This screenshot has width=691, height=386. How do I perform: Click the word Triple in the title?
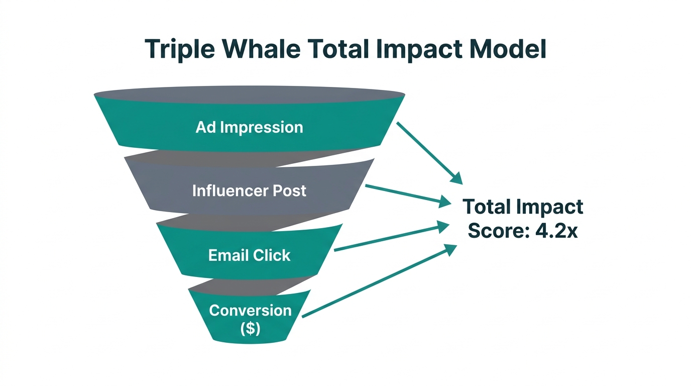click(180, 50)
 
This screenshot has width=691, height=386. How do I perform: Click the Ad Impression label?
click(249, 127)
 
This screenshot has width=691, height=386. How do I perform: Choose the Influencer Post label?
click(249, 191)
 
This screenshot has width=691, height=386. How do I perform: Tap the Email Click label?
click(249, 255)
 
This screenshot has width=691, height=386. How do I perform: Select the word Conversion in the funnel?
click(250, 311)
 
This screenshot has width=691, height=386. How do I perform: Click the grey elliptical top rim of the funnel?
click(249, 94)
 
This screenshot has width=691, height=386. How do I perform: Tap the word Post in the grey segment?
click(289, 191)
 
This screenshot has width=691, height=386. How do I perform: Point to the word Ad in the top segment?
click(206, 127)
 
